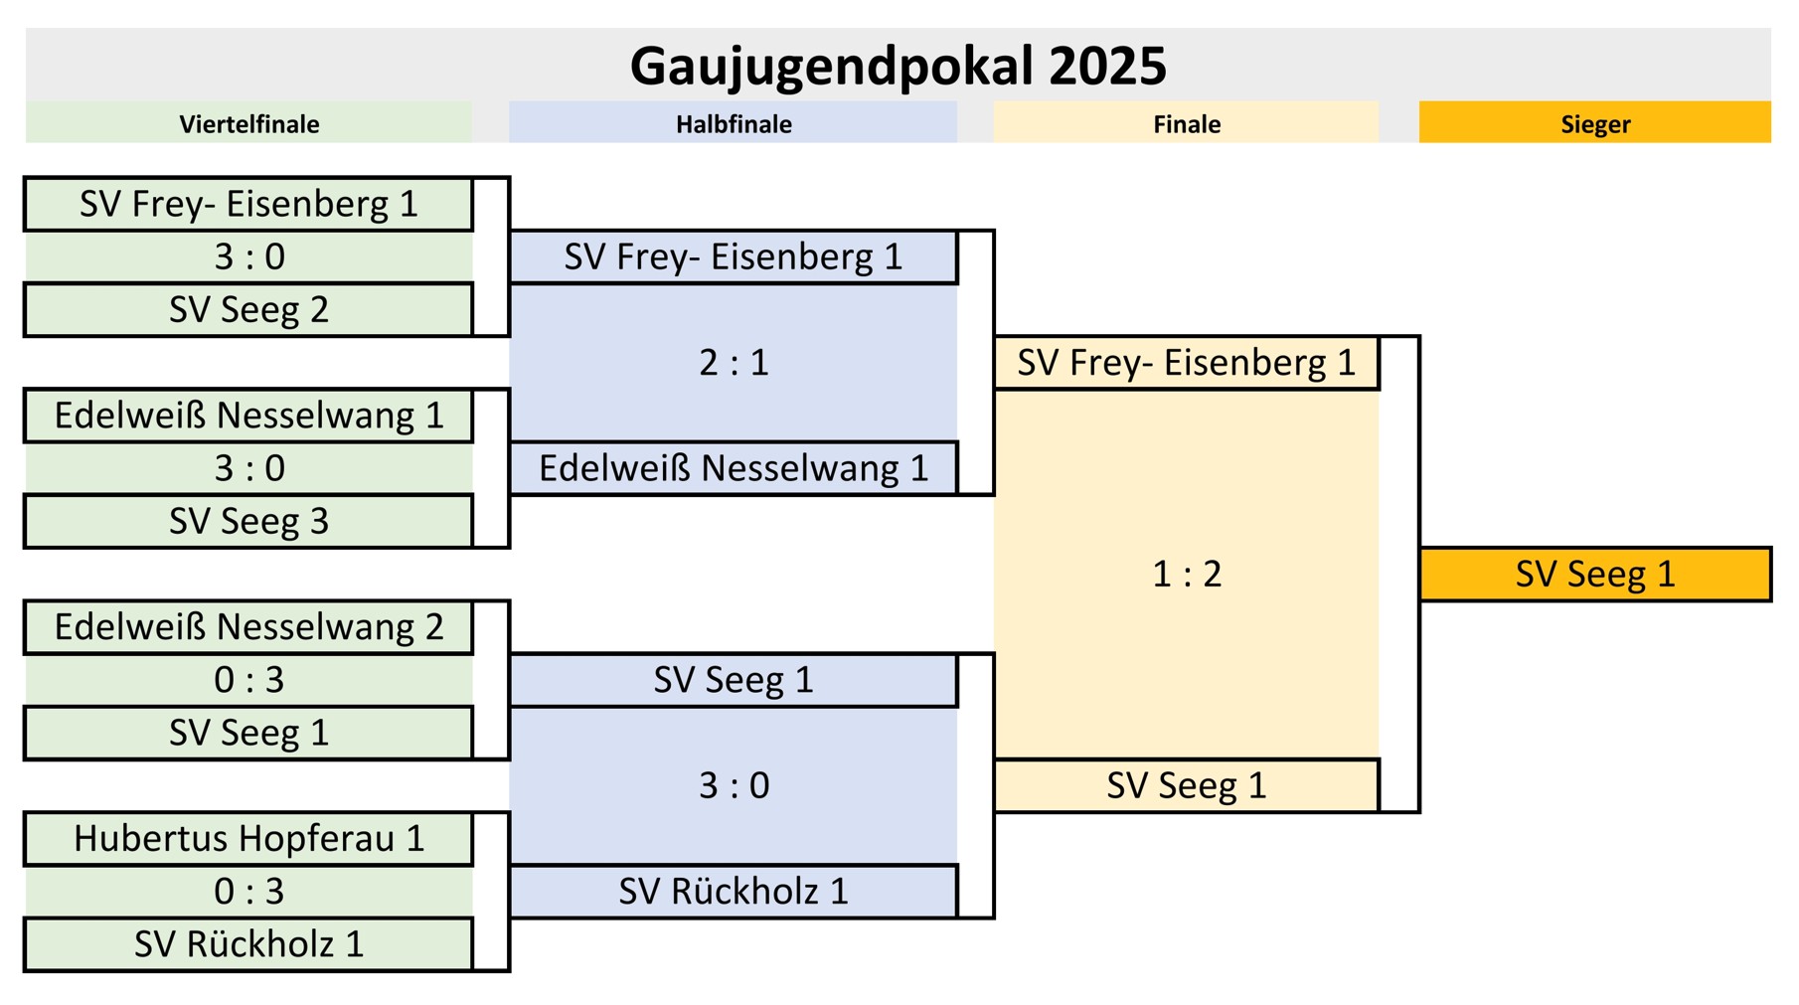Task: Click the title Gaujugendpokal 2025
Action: click(898, 66)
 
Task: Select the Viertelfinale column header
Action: click(248, 124)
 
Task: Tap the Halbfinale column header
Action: click(734, 124)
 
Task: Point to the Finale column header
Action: click(1186, 124)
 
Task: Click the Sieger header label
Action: click(1594, 124)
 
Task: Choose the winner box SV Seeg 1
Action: click(1594, 575)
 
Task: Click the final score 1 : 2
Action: click(1186, 575)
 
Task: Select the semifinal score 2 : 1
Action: click(734, 363)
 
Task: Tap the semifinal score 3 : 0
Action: click(734, 786)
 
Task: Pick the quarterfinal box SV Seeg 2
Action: click(248, 310)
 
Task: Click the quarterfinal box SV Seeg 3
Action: click(248, 522)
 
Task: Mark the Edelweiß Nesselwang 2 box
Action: click(248, 627)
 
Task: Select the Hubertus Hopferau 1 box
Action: click(248, 839)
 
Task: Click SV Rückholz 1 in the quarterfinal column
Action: click(248, 944)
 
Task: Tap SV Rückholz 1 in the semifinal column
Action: click(734, 892)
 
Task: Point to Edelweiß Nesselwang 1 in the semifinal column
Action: click(734, 468)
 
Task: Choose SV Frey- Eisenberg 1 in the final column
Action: click(1186, 363)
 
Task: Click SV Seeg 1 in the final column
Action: click(1186, 786)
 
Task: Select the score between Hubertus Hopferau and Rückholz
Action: click(248, 892)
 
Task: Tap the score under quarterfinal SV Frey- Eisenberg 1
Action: click(248, 257)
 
